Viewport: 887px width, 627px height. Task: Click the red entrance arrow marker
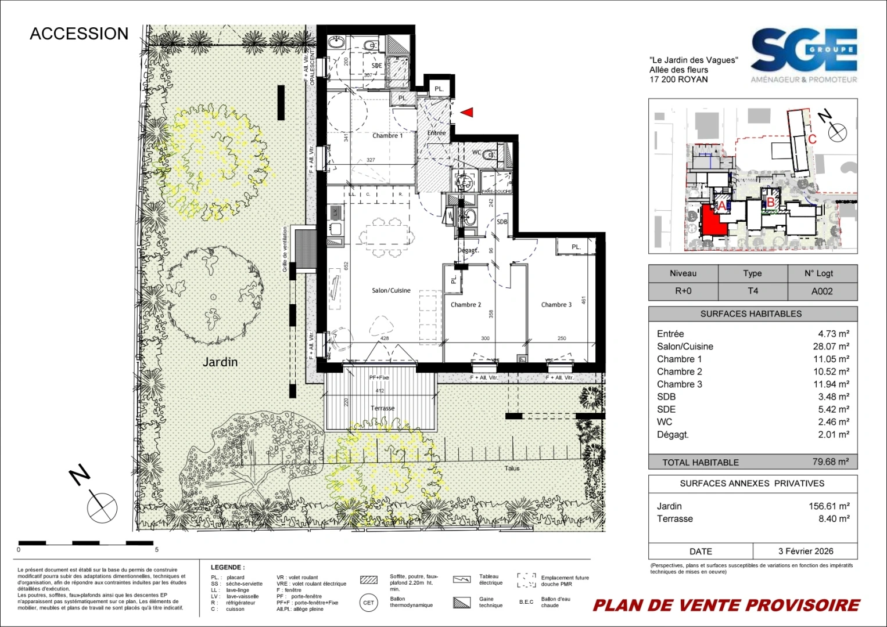[468, 113]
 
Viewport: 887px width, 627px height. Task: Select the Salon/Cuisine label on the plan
[391, 290]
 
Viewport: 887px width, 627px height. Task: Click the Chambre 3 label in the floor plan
[556, 305]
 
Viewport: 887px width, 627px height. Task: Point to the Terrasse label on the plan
[382, 408]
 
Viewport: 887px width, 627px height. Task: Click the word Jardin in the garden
[220, 362]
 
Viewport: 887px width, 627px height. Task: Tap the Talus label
[512, 468]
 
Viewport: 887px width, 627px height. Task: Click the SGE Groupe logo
[804, 55]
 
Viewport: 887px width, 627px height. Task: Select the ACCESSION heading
[79, 34]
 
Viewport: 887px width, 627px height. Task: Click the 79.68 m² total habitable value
[830, 462]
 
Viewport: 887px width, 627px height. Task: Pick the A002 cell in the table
[822, 291]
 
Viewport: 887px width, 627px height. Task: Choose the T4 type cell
[753, 291]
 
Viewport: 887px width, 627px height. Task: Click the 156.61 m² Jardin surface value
[829, 506]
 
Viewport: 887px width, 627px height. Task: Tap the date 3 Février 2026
[806, 552]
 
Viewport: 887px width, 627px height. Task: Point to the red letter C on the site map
[812, 139]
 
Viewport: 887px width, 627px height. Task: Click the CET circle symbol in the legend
[368, 603]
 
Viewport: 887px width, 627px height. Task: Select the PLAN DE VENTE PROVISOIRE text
[726, 606]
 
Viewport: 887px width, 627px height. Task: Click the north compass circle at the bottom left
[102, 506]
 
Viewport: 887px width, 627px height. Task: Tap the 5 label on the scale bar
[156, 549]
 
